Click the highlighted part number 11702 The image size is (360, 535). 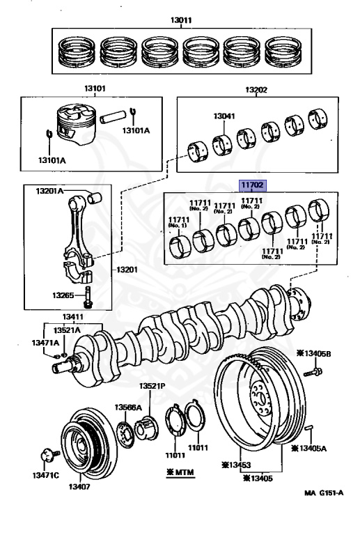point(252,185)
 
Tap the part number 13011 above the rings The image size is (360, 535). point(181,20)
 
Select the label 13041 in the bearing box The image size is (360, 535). point(224,116)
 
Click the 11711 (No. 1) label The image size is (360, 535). point(179,222)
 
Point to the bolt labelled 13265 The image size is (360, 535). point(87,297)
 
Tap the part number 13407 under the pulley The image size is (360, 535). point(79,486)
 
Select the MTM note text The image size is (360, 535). point(180,472)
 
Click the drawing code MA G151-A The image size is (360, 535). point(324,493)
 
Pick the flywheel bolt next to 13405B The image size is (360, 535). point(313,371)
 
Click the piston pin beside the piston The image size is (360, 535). point(111,117)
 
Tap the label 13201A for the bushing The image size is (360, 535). point(49,191)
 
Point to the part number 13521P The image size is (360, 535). point(152,386)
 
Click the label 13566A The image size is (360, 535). point(128,407)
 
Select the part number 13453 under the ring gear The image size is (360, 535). point(236,465)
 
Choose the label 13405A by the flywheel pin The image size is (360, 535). point(308,449)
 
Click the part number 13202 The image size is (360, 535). point(256,90)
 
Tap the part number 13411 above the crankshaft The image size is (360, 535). point(73,317)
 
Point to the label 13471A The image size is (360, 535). point(46,343)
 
